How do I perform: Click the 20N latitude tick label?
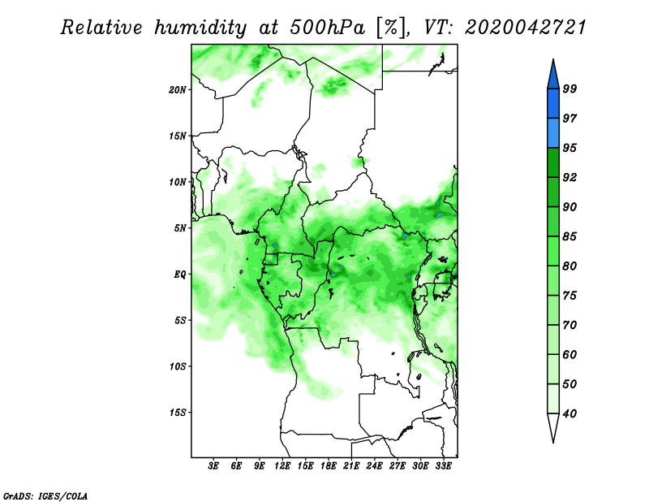(x=178, y=90)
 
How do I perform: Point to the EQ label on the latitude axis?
(x=180, y=275)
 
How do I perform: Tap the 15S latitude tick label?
(x=178, y=413)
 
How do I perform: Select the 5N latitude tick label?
(x=180, y=228)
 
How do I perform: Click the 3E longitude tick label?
(x=213, y=466)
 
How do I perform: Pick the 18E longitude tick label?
(x=329, y=466)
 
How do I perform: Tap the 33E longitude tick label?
(x=443, y=466)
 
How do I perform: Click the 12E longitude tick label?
(x=282, y=466)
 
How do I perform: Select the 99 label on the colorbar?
(x=569, y=89)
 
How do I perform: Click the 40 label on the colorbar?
(x=569, y=413)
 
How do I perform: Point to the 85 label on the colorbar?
(x=569, y=236)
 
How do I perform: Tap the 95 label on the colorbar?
(x=569, y=148)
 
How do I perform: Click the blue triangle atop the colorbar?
(x=553, y=76)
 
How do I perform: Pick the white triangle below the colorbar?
(x=553, y=425)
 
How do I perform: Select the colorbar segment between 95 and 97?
(x=553, y=133)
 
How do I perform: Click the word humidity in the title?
(x=200, y=28)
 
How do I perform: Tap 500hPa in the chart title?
(x=327, y=28)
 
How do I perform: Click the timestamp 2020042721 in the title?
(x=526, y=28)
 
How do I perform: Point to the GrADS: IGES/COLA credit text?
(x=45, y=496)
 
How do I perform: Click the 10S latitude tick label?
(x=178, y=366)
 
